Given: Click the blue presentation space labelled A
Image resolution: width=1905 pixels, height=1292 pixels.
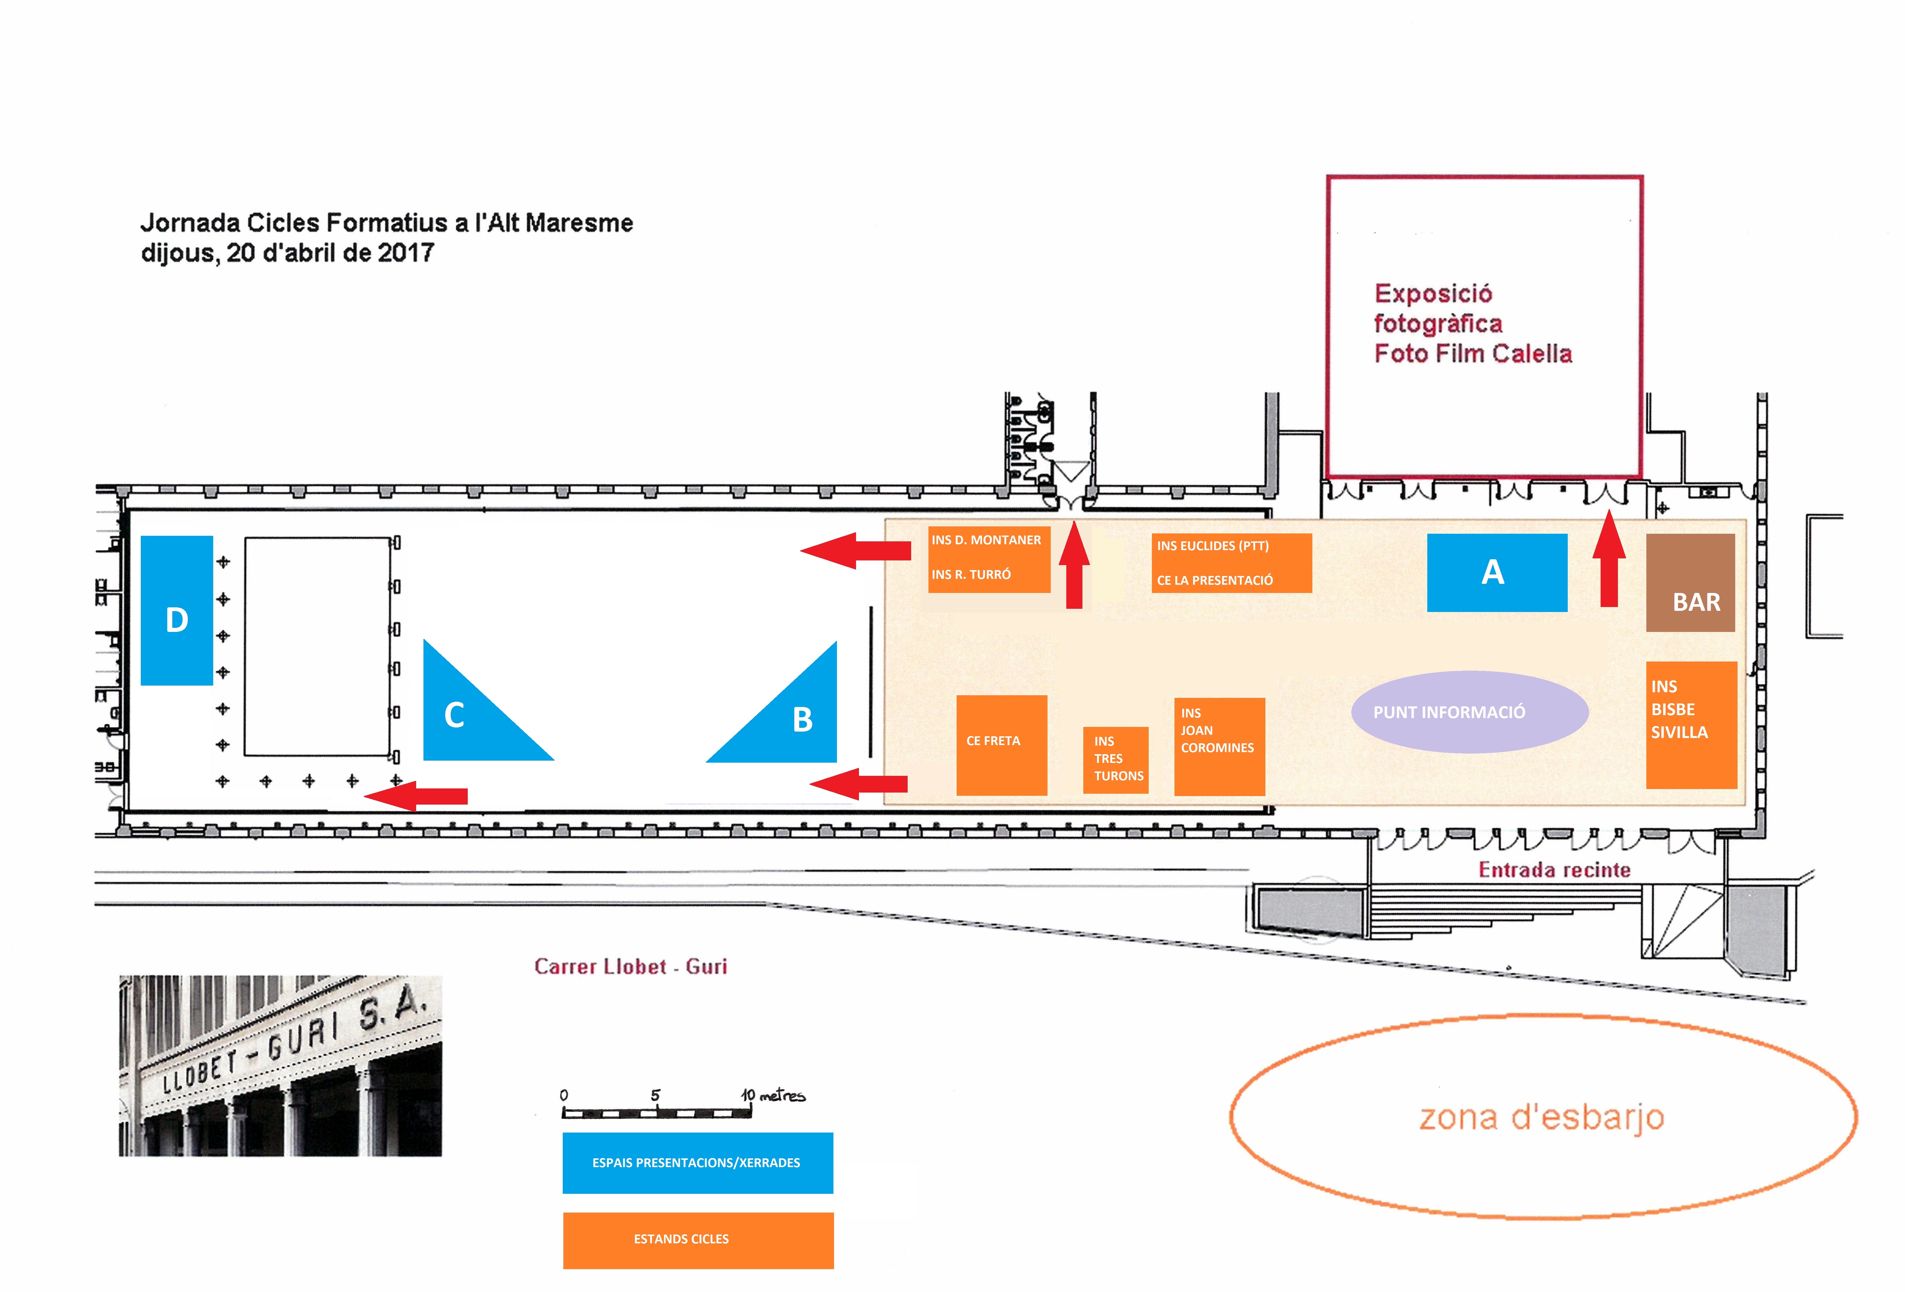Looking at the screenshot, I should pos(1497,573).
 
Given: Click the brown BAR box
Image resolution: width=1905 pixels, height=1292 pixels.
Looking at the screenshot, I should pos(1690,582).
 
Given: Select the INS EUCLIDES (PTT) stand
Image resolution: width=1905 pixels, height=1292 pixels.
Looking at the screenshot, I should pos(1231,563).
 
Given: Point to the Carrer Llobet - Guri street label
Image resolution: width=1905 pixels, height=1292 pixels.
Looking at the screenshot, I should pos(630,967).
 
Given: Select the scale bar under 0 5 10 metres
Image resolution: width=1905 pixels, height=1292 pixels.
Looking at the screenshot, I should pos(657,1113).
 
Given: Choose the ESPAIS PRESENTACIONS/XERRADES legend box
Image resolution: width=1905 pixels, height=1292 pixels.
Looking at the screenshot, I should pos(698,1162).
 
